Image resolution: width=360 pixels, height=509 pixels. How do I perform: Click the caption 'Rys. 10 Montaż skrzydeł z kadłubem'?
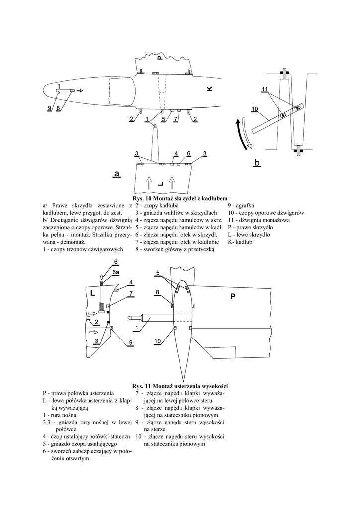point(180,198)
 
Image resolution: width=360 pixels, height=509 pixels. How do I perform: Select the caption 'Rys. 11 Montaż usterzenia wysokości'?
point(180,386)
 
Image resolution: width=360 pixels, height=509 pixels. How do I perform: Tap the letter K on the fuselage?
point(209,88)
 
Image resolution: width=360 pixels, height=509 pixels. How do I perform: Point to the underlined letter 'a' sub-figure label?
point(116,174)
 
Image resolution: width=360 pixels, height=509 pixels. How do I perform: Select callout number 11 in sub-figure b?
point(264,89)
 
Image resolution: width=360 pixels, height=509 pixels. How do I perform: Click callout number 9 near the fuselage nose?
point(50,108)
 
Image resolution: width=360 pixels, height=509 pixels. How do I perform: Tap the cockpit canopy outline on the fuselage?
point(122,92)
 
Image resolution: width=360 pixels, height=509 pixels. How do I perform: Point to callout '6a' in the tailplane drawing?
point(115,272)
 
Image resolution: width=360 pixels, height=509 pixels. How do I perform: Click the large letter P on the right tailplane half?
point(232,297)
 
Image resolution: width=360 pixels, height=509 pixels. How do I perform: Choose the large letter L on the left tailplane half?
point(92,293)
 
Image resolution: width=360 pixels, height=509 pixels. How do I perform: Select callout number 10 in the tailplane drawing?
point(157,341)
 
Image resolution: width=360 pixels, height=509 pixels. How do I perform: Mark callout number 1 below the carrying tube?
point(134,329)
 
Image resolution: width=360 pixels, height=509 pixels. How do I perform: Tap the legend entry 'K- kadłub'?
point(241,241)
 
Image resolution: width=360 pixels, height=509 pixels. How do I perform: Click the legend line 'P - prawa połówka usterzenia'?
point(79,393)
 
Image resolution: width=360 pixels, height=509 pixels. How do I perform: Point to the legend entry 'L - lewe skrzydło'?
point(249,234)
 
